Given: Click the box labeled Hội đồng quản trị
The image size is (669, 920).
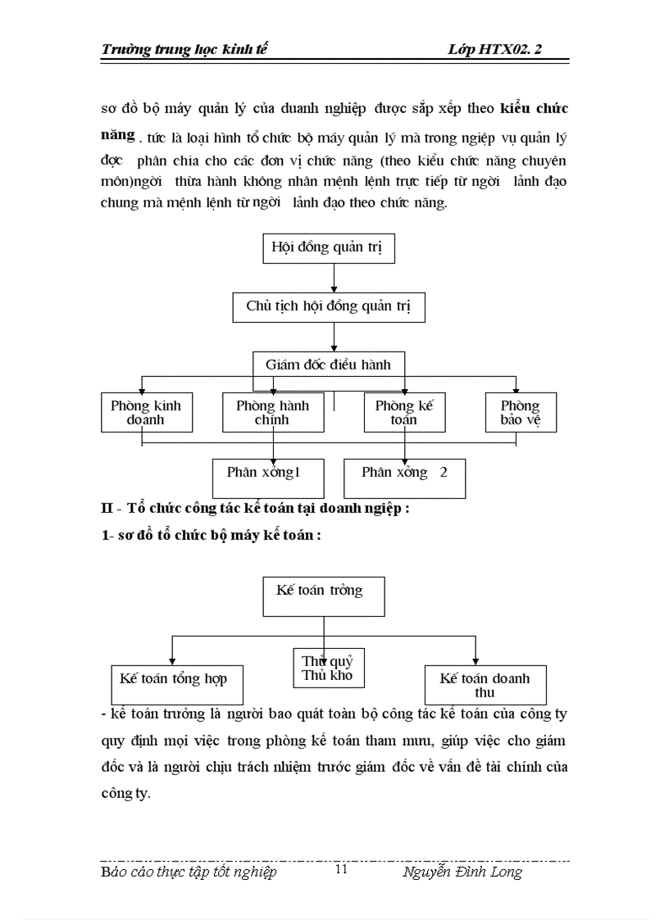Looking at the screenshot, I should (328, 248).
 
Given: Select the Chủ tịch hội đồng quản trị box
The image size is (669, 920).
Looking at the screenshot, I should (328, 306).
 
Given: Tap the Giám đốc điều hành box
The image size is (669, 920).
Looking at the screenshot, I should (328, 365).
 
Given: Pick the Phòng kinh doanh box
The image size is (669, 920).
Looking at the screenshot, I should (147, 412).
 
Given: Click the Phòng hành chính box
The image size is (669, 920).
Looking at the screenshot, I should (273, 412).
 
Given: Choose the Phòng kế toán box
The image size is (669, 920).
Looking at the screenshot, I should (405, 412).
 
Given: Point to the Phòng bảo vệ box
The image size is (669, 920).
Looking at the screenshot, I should (520, 412).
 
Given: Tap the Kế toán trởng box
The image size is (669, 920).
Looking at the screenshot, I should (323, 596).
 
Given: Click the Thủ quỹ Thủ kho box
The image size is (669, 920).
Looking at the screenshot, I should (328, 668).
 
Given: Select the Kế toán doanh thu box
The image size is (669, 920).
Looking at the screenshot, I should (485, 685).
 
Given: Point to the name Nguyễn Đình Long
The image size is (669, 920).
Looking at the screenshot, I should (462, 872).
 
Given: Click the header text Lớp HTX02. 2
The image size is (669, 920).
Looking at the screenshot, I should (495, 49).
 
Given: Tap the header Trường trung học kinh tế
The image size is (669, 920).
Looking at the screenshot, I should (184, 49).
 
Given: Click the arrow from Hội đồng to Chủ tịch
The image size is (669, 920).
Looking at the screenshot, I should (334, 279).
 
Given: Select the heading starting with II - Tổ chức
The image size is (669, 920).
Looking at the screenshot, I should (254, 508).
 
